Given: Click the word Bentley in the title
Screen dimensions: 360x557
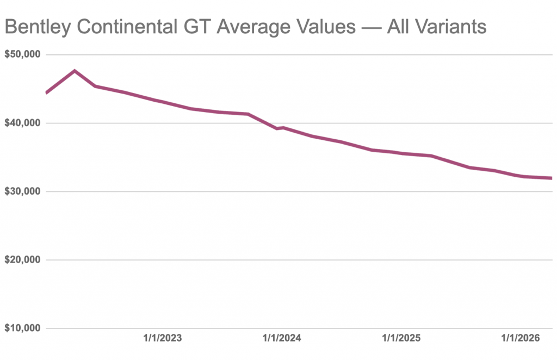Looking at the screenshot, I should pos(36,27).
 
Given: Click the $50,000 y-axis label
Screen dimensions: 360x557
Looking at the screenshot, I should pos(23,55).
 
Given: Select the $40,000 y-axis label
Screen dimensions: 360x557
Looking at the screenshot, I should pos(23,123).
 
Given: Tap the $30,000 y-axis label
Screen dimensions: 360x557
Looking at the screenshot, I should pos(23,191).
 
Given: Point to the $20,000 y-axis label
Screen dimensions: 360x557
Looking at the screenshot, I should pos(23,260).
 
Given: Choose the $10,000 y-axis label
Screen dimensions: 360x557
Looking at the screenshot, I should pos(23,328).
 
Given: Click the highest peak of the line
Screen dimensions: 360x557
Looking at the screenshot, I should pos(75,71).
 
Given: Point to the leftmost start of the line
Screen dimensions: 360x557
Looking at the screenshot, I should pos(47,92).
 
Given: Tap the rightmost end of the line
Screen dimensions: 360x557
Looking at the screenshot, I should pos(550,178).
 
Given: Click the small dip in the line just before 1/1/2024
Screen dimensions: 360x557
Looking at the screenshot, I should pos(276,128).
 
